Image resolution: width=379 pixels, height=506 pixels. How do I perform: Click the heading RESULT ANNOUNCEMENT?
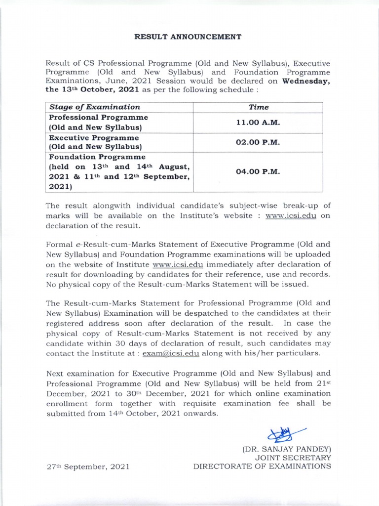pos(189,36)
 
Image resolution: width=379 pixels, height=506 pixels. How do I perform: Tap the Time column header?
pos(258,107)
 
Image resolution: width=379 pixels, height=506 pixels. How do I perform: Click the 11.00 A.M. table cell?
pos(258,122)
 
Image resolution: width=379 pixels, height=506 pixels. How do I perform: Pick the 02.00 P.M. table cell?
pos(258,142)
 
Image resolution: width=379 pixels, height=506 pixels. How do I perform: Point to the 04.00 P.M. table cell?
pos(258,171)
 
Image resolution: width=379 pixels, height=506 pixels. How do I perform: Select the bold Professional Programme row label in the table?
pos(98,118)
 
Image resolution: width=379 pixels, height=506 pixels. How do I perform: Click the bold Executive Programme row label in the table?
pos(94,137)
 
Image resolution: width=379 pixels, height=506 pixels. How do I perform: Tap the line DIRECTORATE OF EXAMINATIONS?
pos(262,466)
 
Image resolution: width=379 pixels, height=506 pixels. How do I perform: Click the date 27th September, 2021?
pos(88,466)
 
